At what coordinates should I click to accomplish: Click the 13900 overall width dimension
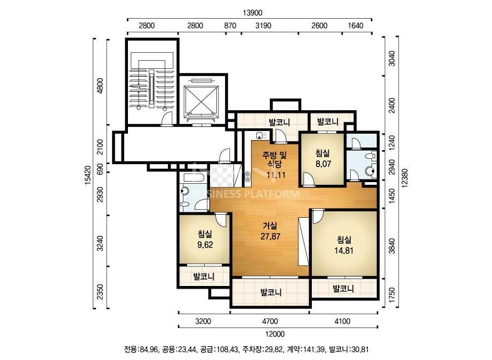pos(252,13)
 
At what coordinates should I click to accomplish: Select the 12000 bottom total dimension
pos(275,334)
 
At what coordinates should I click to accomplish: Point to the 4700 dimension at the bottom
pos(270,321)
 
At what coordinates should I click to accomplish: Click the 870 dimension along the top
pos(230,26)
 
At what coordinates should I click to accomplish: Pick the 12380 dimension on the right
pos(405,178)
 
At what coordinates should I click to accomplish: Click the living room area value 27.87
pos(270,236)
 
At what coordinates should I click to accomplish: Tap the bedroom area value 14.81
pos(344,250)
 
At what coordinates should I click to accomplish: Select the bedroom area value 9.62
pos(205,244)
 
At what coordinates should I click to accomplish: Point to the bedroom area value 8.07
pos(323,163)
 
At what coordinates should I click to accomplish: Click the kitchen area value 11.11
pos(276,175)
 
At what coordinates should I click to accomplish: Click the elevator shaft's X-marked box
pos(201,100)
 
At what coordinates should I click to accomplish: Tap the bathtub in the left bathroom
pos(193,177)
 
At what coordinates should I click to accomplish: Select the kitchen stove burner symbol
pos(247,177)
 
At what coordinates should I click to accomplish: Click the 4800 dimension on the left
pos(100,85)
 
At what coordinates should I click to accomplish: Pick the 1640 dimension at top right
pos(355,26)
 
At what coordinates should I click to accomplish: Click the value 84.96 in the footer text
pos(149,349)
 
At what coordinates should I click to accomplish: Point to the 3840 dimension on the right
pos(392,246)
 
